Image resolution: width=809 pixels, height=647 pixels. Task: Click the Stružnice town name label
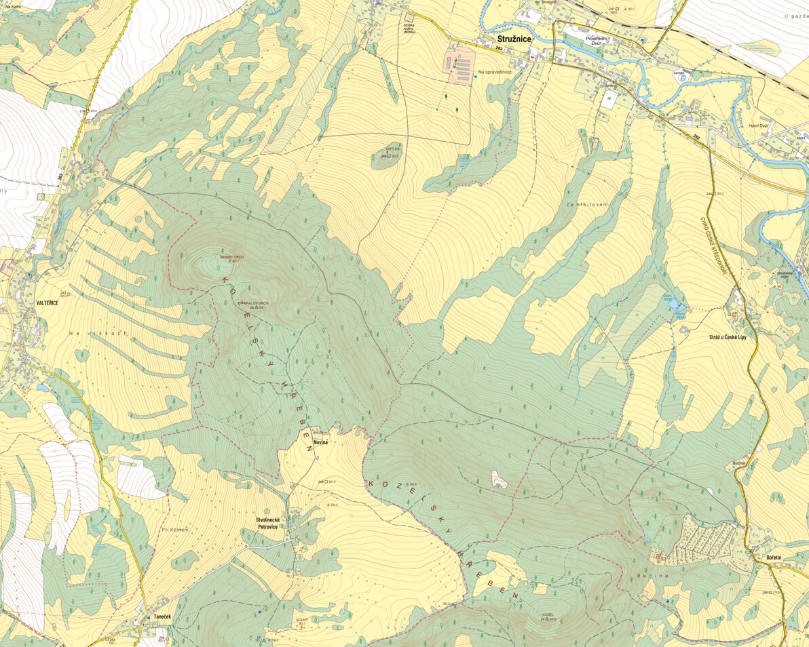(512, 39)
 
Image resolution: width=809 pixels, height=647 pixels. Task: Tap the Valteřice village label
(47, 303)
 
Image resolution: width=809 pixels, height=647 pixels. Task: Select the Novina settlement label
(320, 442)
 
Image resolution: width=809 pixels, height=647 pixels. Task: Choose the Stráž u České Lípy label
(727, 337)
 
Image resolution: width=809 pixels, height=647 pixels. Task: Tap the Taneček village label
(162, 619)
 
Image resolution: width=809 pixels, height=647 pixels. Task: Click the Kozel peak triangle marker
(546, 619)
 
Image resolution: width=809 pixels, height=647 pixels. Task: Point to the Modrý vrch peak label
(231, 257)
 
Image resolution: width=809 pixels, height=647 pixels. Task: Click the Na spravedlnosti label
(495, 71)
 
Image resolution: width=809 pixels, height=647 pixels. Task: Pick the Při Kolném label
(174, 529)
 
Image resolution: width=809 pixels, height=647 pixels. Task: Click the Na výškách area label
(89, 334)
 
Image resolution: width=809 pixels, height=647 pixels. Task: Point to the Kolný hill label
(302, 620)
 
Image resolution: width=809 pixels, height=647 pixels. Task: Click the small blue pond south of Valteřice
(43, 388)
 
